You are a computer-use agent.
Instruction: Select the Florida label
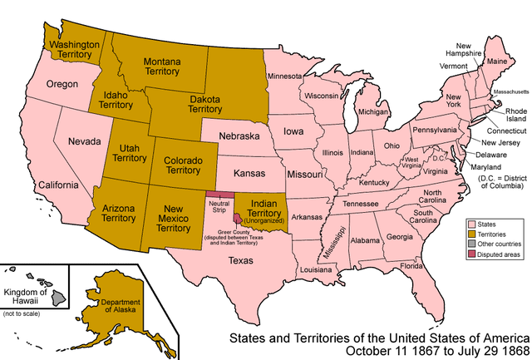[411, 266]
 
